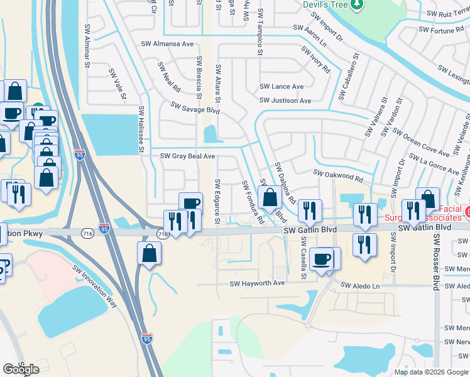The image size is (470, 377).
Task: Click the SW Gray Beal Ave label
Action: tap(188, 156)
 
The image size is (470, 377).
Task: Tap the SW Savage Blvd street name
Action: tap(193, 110)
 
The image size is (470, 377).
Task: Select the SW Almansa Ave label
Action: tap(168, 44)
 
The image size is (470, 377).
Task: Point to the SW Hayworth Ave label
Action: tap(257, 283)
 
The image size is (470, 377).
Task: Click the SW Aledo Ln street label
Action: tap(361, 286)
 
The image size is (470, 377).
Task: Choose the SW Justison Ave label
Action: tap(285, 101)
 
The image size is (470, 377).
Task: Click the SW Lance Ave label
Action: tap(281, 87)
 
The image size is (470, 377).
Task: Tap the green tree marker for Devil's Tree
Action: tap(357, 5)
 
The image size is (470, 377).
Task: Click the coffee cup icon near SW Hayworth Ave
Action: tap(321, 258)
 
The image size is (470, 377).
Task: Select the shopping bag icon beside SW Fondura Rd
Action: tap(270, 197)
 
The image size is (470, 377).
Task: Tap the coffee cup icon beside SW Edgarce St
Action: tap(190, 204)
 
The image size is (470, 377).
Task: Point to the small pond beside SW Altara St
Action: tap(210, 133)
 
